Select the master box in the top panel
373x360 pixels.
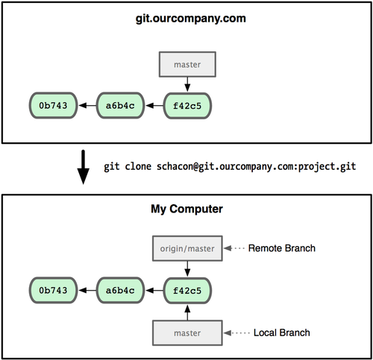(x=187, y=65)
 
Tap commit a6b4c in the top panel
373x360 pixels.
(x=120, y=106)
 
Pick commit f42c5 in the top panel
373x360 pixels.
(x=187, y=106)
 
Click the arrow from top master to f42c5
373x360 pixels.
(x=187, y=84)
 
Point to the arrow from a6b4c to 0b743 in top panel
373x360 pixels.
(x=86, y=106)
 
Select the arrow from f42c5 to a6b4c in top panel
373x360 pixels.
(x=154, y=106)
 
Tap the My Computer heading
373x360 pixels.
(x=186, y=210)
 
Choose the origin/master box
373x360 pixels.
(x=187, y=248)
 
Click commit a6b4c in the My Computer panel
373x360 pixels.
(x=120, y=289)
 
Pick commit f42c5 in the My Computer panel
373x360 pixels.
(x=187, y=289)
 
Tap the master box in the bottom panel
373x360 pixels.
(x=187, y=332)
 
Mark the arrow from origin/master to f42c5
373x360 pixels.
(x=187, y=268)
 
